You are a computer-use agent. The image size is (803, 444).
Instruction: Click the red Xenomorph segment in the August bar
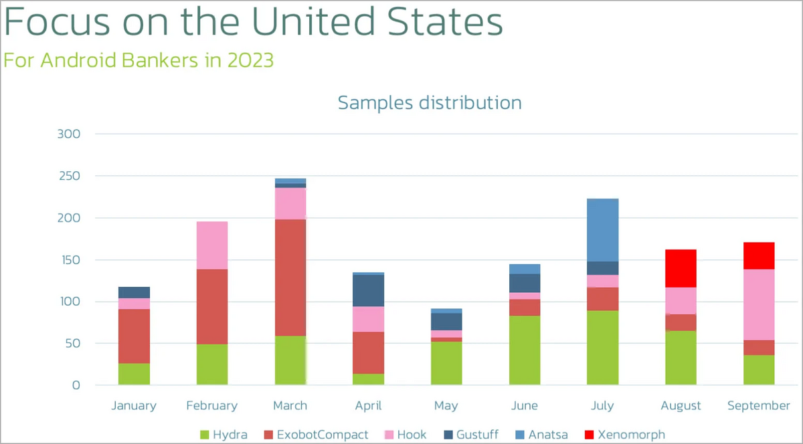pos(681,268)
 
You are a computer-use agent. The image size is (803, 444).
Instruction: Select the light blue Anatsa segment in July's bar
pos(602,229)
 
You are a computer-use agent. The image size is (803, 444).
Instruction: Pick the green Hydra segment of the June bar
pos(525,350)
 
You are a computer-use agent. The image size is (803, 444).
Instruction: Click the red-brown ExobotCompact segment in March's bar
pos(290,277)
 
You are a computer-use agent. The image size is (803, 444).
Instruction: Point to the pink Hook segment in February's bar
pos(212,245)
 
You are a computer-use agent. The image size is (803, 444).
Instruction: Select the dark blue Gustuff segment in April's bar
pos(368,290)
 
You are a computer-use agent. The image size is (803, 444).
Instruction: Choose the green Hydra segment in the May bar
pos(446,363)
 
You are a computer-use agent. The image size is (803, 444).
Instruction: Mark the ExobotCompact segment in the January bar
pos(134,336)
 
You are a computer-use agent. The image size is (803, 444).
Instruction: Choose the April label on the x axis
pos(368,406)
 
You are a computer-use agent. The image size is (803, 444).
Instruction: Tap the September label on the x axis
pos(758,406)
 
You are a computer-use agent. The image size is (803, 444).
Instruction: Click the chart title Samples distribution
pos(430,103)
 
